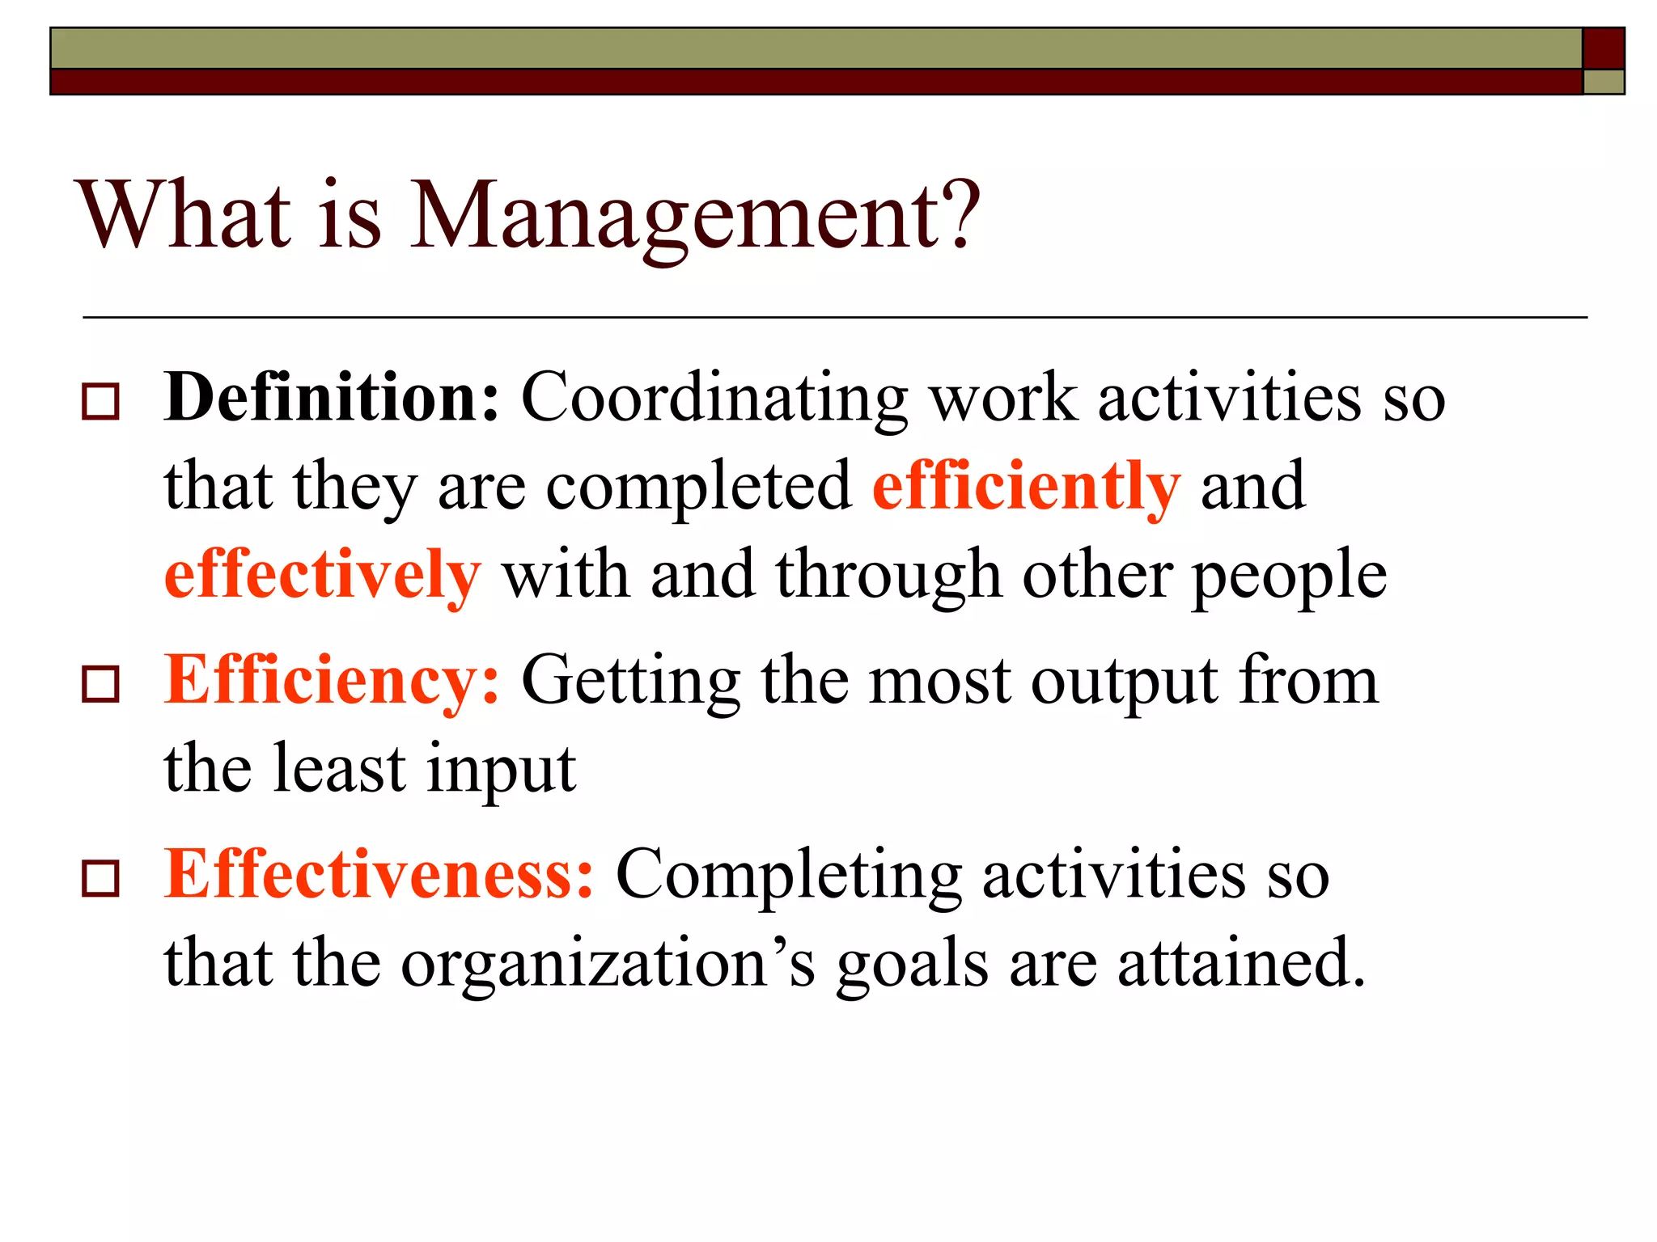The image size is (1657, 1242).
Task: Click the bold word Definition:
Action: [332, 397]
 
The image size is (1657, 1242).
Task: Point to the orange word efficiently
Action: [1026, 487]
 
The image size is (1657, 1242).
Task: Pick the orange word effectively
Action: [322, 575]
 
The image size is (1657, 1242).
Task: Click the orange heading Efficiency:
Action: [332, 681]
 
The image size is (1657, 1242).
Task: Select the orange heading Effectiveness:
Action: [379, 874]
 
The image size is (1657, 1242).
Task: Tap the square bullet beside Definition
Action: [101, 402]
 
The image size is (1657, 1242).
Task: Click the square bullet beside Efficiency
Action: [101, 684]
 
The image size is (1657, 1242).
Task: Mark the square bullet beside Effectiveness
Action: [101, 879]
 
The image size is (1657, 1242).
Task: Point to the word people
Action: [1290, 577]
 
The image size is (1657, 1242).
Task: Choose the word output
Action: [1125, 682]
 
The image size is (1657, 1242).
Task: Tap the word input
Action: [501, 770]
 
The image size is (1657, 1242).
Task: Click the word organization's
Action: [608, 964]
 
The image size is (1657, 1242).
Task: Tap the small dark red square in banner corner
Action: [1603, 49]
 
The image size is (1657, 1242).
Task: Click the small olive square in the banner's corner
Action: [1603, 82]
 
